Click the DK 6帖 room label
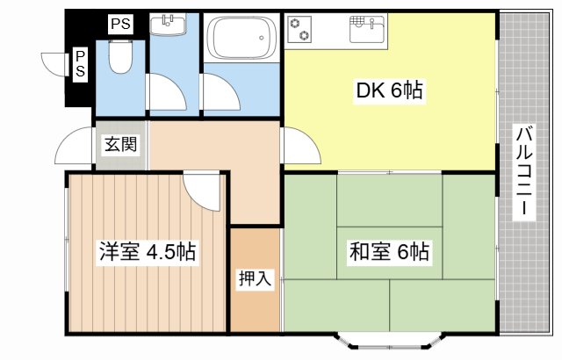point(390,90)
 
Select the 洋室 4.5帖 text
point(146,253)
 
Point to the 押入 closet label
point(256,279)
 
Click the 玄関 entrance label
point(121,145)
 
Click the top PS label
point(120,25)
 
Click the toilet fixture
point(120,58)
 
